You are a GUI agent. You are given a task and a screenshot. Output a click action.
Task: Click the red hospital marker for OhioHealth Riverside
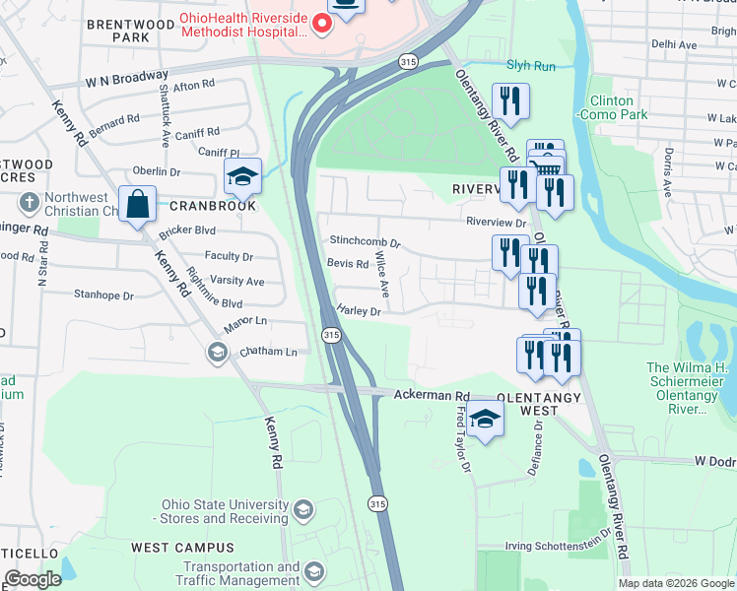[321, 24]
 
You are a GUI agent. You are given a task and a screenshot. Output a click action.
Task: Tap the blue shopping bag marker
[139, 205]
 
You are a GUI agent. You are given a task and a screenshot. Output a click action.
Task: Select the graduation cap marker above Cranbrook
[242, 176]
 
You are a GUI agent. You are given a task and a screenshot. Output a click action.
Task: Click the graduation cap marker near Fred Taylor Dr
[485, 420]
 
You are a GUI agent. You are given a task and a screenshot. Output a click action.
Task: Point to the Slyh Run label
[531, 66]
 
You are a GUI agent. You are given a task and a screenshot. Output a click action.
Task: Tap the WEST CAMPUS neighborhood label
[182, 548]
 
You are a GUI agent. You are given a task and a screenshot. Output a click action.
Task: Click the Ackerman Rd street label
[432, 395]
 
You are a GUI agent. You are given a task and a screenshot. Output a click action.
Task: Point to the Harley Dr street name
[359, 309]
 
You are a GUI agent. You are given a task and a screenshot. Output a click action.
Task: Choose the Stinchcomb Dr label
[366, 240]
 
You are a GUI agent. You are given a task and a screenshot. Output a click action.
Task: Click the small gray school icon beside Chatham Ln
[217, 352]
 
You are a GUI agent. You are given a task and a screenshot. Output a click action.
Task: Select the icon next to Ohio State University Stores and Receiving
[303, 510]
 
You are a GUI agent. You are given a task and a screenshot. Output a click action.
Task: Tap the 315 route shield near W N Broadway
[409, 61]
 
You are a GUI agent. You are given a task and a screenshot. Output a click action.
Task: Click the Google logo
[33, 578]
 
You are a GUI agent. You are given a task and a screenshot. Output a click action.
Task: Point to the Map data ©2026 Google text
[675, 583]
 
